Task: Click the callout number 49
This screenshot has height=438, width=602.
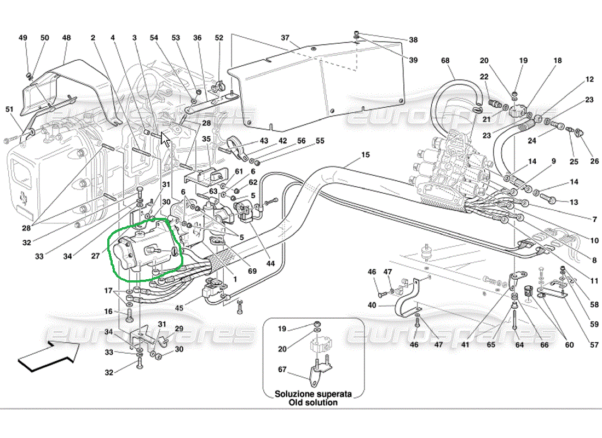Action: (23, 38)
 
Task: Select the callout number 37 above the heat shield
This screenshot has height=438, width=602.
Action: (285, 38)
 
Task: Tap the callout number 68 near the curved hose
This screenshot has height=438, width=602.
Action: (445, 60)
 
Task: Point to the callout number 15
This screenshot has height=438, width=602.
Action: (366, 154)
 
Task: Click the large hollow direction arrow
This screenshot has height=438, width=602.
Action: (49, 356)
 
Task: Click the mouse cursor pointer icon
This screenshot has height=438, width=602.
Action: (165, 140)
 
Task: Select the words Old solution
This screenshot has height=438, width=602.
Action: (313, 402)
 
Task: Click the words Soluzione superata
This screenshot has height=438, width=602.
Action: (313, 394)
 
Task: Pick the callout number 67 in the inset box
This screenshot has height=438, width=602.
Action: (282, 369)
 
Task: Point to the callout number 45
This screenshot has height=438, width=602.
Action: (180, 308)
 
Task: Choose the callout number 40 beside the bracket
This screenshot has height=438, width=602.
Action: (372, 305)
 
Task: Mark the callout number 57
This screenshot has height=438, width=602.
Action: (594, 344)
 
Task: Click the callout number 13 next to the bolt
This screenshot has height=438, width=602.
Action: (574, 202)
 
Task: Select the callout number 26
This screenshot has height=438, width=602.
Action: (594, 161)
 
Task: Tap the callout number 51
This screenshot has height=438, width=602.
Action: (9, 109)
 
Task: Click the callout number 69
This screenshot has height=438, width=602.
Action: (252, 271)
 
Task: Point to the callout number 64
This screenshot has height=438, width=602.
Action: (519, 344)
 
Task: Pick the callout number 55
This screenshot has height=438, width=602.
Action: (320, 141)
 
